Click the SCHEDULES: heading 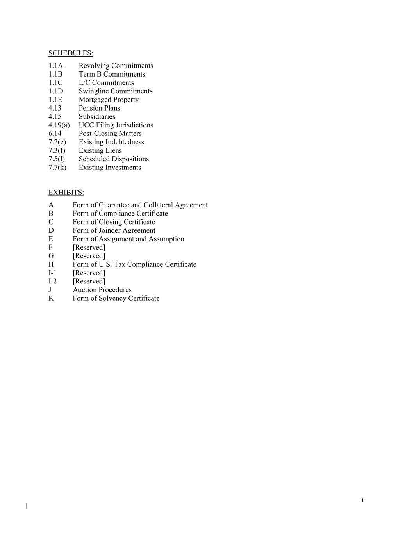tap(71, 53)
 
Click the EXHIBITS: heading tap(66, 193)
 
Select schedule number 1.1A tap(55, 66)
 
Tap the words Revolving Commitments tap(116, 66)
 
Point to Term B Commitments tap(112, 74)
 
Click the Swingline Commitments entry tap(115, 91)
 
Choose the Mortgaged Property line tap(109, 100)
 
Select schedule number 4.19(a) tap(59, 125)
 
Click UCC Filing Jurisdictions tap(116, 125)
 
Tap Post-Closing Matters tap(110, 134)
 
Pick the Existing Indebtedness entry tap(111, 142)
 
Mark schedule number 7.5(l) tap(57, 159)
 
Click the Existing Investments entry tap(110, 168)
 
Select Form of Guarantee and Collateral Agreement tap(140, 205)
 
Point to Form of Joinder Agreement tap(114, 230)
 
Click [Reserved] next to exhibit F tap(89, 248)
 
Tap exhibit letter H tap(51, 264)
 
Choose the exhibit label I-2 tap(52, 282)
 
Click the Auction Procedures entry tap(102, 290)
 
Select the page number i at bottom tap(362, 499)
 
